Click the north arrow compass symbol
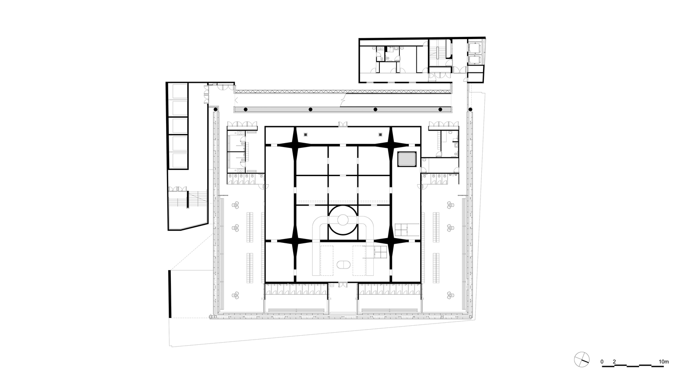pyautogui.click(x=581, y=360)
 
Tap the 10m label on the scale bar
pyautogui.click(x=663, y=362)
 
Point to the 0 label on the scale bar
pyautogui.click(x=602, y=362)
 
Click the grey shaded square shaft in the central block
pyautogui.click(x=407, y=159)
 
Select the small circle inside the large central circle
pyautogui.click(x=343, y=219)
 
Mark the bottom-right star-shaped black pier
pyautogui.click(x=391, y=241)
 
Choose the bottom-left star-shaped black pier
pyautogui.click(x=295, y=241)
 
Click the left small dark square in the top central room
pyautogui.click(x=305, y=134)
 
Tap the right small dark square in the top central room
pyautogui.click(x=380, y=134)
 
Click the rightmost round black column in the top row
pyautogui.click(x=470, y=109)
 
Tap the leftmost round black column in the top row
pyautogui.click(x=216, y=109)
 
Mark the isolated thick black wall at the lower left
pyautogui.click(x=170, y=294)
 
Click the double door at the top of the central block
pyautogui.click(x=343, y=124)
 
